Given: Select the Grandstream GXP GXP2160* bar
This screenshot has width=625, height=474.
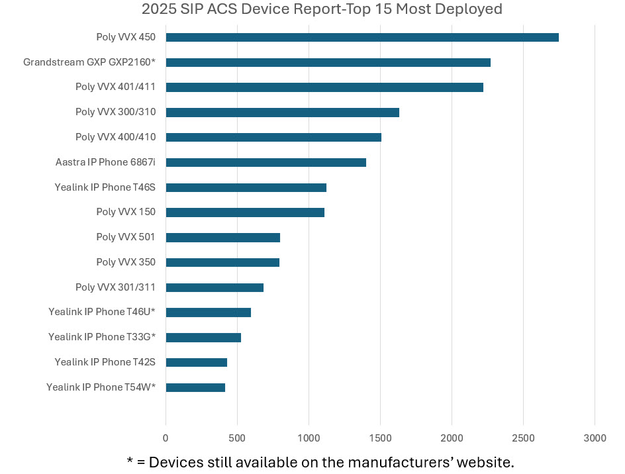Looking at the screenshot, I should [328, 62].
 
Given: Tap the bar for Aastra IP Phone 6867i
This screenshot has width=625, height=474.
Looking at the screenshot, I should [265, 162].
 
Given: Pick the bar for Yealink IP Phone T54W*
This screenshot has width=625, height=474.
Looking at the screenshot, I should [195, 387].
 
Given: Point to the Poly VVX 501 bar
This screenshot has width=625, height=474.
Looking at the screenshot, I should [222, 237].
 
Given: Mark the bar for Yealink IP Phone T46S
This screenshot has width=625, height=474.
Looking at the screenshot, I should [246, 187].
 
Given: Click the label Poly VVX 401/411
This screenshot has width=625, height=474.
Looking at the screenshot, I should [116, 87].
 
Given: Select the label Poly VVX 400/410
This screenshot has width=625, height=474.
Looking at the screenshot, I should [116, 137].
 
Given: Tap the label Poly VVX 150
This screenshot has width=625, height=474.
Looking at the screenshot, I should [126, 212].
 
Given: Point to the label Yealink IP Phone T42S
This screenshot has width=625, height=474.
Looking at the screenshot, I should [105, 362].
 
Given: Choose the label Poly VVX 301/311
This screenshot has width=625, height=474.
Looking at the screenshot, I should [116, 287].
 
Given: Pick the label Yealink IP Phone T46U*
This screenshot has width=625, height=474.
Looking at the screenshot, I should [102, 312].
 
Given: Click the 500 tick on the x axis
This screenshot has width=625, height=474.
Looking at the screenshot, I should [237, 438].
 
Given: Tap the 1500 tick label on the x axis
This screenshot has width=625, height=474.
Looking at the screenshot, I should [380, 438].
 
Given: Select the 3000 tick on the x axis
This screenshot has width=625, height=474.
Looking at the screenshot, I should [595, 438].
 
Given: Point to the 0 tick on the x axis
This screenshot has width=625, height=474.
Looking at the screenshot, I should [166, 438].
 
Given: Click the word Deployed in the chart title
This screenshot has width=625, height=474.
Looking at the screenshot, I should [469, 9].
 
